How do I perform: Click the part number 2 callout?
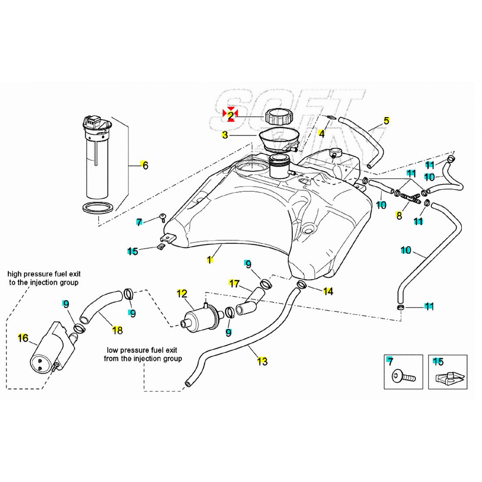point(230,115)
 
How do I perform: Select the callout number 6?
point(145,165)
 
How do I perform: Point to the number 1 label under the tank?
point(210,259)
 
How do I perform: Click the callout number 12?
point(182,293)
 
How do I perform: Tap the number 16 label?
point(23,338)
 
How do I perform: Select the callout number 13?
point(262,361)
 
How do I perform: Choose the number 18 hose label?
point(117,330)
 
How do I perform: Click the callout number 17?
point(234,284)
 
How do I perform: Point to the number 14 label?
point(328,291)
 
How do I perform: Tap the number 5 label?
point(386,120)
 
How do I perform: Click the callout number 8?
point(399,215)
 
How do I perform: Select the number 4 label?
point(322,134)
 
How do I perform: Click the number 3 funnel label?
point(225,135)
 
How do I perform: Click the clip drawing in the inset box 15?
point(447,376)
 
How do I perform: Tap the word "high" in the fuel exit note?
point(16,273)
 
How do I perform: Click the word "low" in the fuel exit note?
point(113,350)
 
